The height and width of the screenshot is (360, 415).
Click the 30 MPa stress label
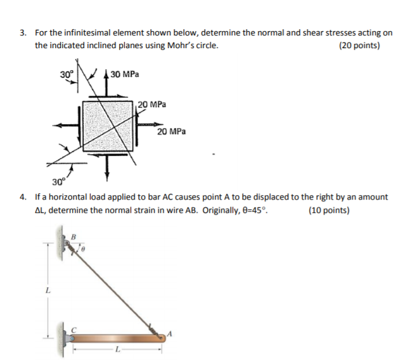(x=125, y=75)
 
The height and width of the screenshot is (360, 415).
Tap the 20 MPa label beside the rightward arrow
(x=172, y=131)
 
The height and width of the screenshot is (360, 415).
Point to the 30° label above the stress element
(x=67, y=74)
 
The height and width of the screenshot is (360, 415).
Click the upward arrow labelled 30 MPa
(x=107, y=82)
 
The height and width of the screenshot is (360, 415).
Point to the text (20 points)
(x=359, y=46)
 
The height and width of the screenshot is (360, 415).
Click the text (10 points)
(x=328, y=210)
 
